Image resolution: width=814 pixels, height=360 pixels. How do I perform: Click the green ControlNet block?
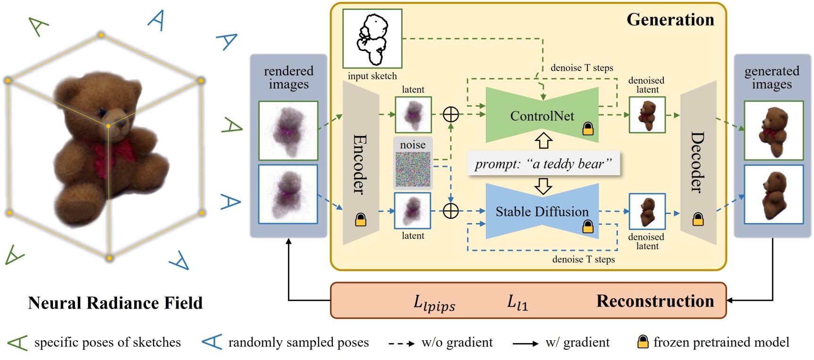point(542,115)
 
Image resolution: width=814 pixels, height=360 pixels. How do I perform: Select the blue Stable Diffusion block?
point(542,211)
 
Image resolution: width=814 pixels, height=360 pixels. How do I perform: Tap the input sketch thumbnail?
point(372,39)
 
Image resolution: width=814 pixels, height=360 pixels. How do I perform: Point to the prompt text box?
point(543,163)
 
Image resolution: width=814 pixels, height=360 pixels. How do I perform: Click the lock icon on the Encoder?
point(360,220)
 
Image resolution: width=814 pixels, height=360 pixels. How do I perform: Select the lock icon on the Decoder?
point(698,219)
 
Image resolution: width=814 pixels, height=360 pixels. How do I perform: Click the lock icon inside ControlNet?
point(588,129)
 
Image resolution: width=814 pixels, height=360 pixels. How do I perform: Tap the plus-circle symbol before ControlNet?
point(451,114)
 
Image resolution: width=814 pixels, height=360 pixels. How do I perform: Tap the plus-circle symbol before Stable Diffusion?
point(451,211)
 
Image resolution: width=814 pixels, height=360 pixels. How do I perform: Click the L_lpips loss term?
point(434,302)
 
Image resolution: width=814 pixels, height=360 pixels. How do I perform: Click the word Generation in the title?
point(670,20)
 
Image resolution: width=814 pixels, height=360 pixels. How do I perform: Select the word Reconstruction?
point(655,301)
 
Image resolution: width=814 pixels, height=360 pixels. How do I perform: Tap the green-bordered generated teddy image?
point(773,130)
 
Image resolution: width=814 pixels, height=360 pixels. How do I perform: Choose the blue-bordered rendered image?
point(288,194)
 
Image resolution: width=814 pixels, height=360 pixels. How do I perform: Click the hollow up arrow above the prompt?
point(543,140)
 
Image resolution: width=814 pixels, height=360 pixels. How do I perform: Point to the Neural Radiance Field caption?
point(115,303)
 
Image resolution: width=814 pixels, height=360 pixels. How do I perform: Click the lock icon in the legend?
point(643,342)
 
